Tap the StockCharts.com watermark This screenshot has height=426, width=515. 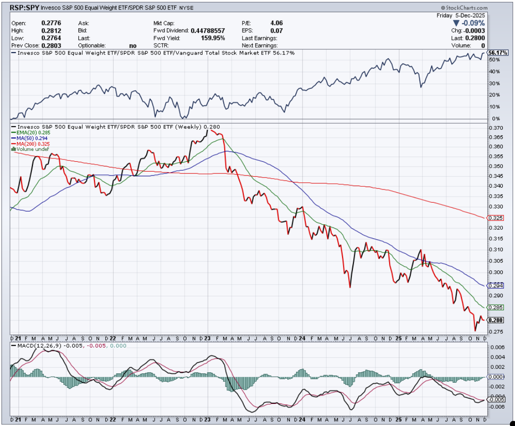[x=465, y=8]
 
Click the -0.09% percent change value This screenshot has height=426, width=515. [x=472, y=23]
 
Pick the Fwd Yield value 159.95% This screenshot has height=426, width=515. [x=212, y=38]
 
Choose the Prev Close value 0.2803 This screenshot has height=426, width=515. [x=51, y=46]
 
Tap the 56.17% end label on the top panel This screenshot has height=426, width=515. [x=498, y=53]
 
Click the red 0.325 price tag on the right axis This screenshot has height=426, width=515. [x=496, y=218]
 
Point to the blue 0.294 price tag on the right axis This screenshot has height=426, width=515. [x=496, y=285]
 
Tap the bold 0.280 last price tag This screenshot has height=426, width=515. [x=496, y=320]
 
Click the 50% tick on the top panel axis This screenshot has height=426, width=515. [x=494, y=60]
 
